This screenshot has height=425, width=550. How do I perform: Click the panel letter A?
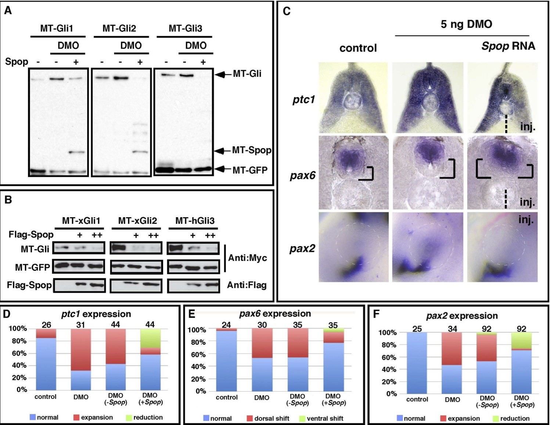[x=8, y=11]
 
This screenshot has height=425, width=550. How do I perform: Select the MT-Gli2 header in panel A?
[x=119, y=28]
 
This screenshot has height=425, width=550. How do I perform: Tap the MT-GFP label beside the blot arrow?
[x=250, y=170]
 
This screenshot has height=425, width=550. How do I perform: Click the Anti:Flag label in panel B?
[x=247, y=285]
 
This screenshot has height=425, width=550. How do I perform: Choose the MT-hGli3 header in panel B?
[x=195, y=221]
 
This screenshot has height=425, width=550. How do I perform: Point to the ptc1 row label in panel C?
[x=303, y=100]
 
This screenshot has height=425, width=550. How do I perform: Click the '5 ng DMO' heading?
[x=466, y=24]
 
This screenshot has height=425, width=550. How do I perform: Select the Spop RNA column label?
[x=508, y=46]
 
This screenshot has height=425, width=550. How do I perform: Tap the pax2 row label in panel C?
[x=302, y=249]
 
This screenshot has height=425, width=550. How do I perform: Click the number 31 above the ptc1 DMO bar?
[x=80, y=324]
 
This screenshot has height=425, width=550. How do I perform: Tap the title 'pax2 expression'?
[x=462, y=316]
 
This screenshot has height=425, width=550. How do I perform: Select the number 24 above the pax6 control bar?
[x=226, y=325]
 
